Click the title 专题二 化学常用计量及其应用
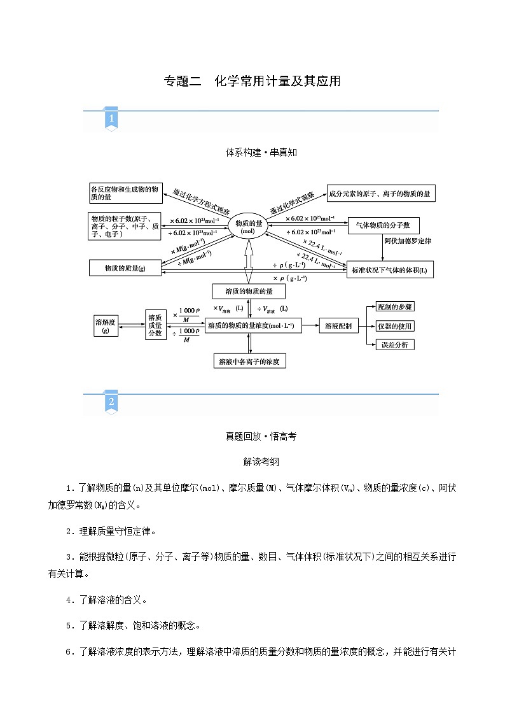click(x=253, y=81)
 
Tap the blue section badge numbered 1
click(x=111, y=119)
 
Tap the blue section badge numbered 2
click(x=111, y=402)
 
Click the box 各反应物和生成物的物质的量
click(x=125, y=193)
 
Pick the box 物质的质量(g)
click(x=125, y=269)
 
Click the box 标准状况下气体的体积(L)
click(x=390, y=270)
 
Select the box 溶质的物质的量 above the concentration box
click(x=249, y=291)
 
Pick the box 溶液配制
click(x=338, y=325)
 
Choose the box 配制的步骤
click(x=394, y=307)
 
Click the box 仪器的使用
click(x=394, y=326)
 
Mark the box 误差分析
click(x=394, y=344)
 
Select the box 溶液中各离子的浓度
click(x=249, y=361)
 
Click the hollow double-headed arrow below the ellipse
click(x=249, y=263)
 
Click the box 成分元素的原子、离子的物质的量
click(x=381, y=193)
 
